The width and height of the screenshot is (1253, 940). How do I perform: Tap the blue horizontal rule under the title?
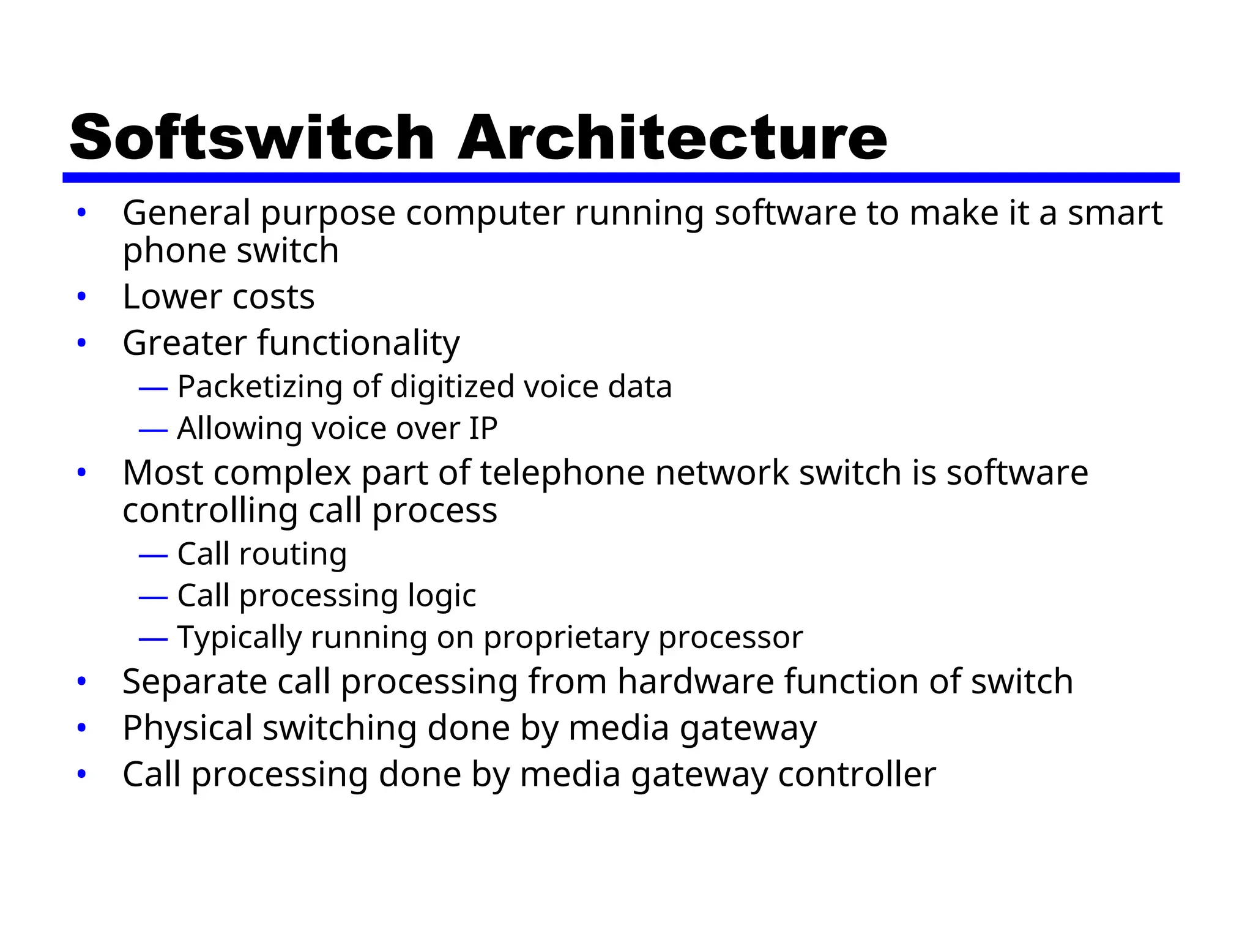[620, 177]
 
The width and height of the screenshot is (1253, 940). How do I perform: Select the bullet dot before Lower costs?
[81, 297]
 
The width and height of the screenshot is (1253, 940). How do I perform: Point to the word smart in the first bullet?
[1115, 213]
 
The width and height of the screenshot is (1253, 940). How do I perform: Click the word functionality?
[358, 343]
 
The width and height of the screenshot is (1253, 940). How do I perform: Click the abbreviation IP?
[483, 428]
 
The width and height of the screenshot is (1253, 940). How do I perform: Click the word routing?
[292, 554]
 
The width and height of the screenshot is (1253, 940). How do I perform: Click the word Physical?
[187, 728]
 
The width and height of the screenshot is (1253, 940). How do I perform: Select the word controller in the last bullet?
[857, 774]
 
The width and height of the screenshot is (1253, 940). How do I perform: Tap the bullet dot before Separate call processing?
[81, 682]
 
